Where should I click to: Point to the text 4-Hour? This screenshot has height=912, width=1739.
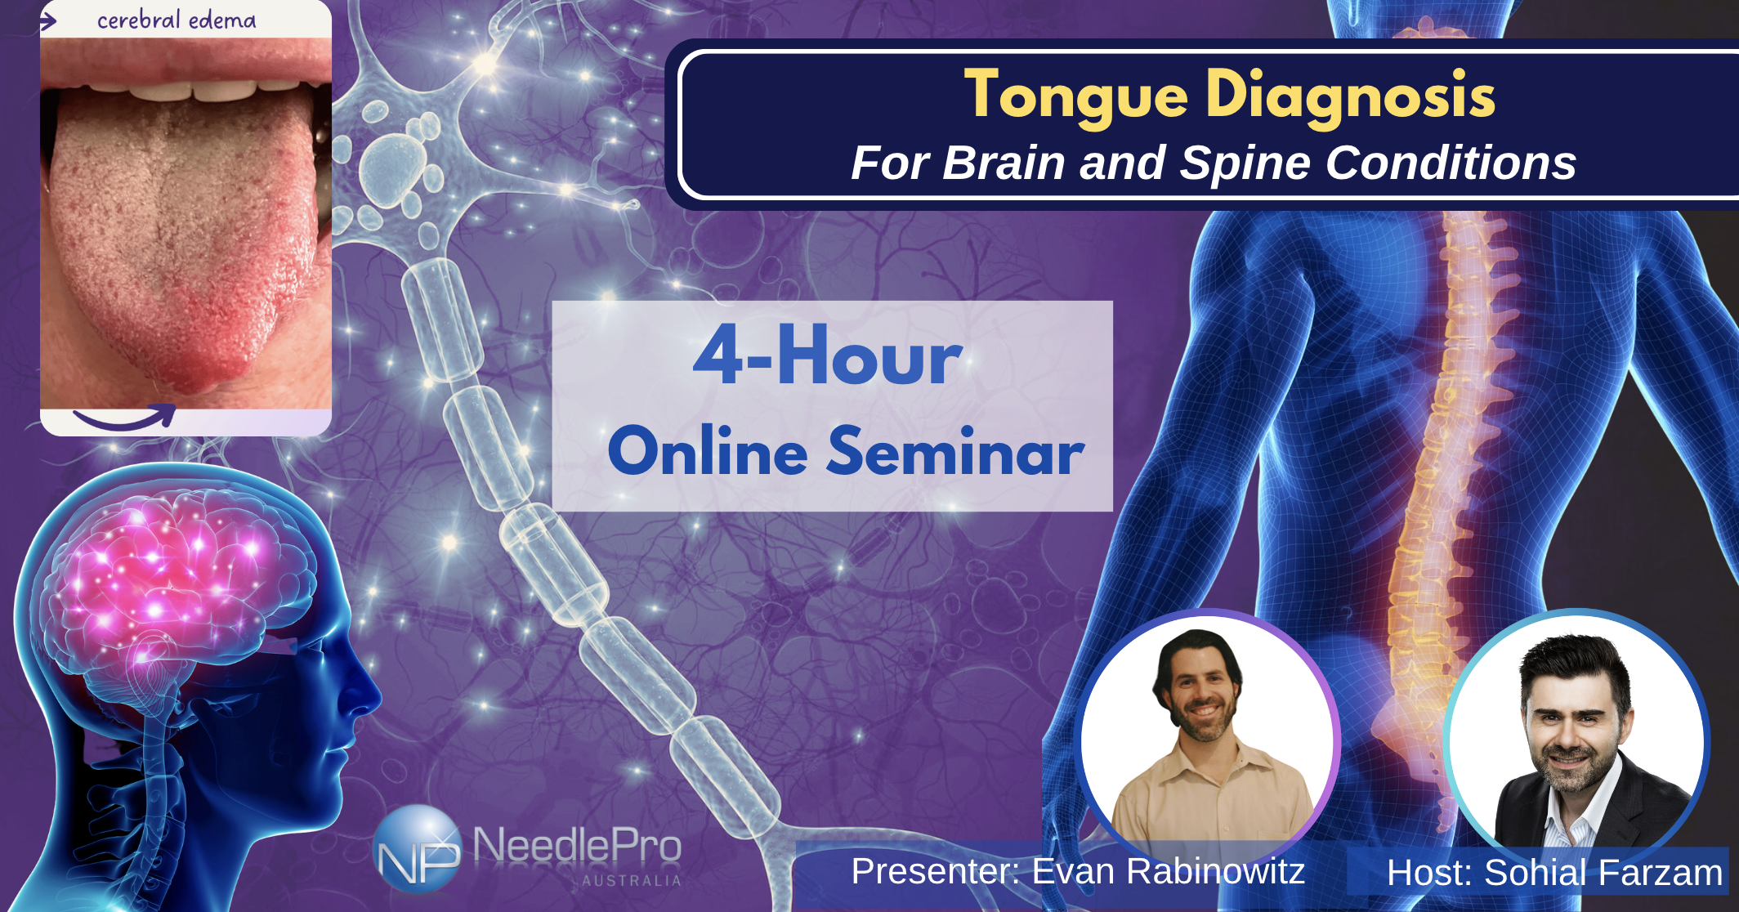pos(828,356)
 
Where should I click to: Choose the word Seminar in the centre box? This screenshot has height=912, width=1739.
pos(955,452)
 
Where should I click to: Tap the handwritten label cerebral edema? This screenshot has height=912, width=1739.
pos(177,20)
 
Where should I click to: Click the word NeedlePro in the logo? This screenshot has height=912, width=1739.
pos(577,845)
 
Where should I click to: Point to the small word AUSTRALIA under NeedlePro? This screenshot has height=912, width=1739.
pos(631,881)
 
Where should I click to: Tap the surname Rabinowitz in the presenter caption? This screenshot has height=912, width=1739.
pos(1168,871)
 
